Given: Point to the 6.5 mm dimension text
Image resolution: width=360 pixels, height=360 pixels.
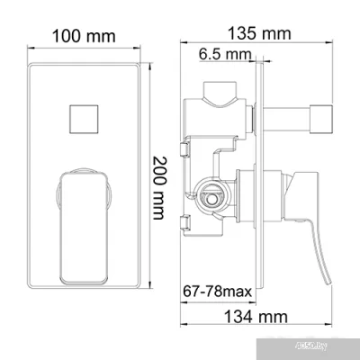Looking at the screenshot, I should pos(224,55).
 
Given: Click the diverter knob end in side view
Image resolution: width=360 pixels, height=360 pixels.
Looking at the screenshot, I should pos(321,115).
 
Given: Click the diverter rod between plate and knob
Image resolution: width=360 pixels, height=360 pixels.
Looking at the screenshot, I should pos(288,115).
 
